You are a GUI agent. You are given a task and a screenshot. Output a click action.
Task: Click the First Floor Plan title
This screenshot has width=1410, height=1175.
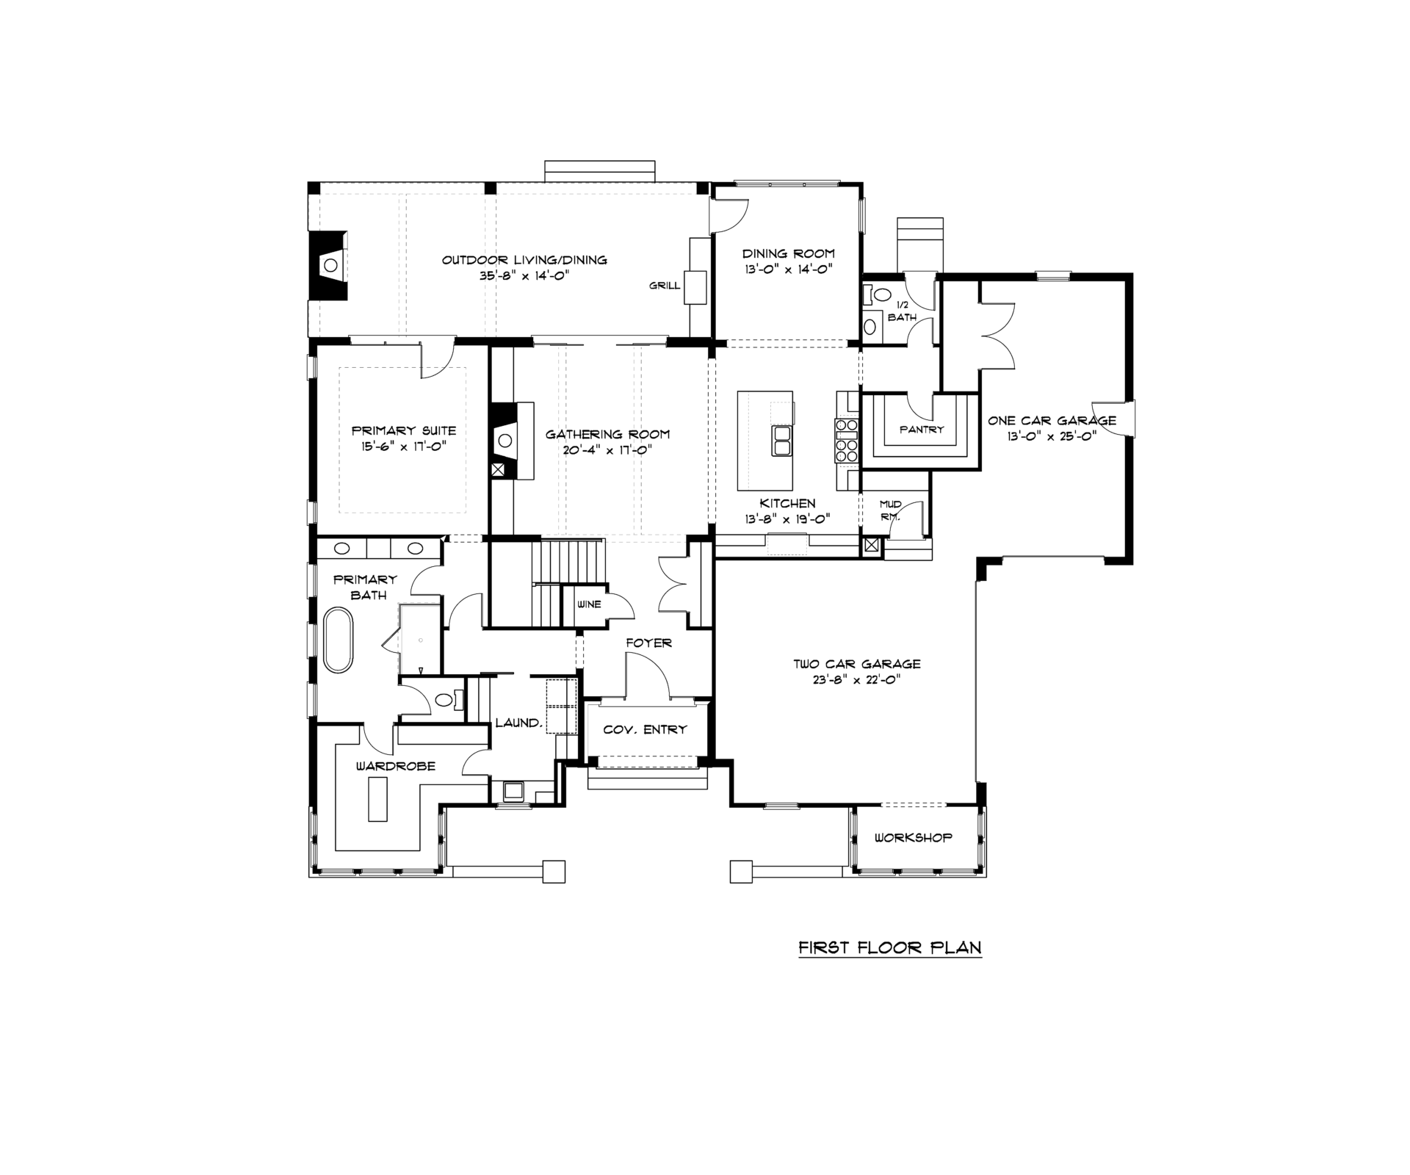(x=890, y=947)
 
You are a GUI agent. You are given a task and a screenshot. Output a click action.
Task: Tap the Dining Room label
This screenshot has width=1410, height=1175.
(x=788, y=254)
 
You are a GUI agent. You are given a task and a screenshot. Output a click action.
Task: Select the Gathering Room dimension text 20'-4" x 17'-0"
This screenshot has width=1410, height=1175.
(x=607, y=450)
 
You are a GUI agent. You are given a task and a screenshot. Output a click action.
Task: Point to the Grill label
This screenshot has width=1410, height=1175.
(x=665, y=286)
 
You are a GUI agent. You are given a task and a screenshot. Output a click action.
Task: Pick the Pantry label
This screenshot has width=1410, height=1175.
(x=922, y=430)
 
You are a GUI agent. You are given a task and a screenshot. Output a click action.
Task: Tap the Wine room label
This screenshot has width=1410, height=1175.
(x=589, y=604)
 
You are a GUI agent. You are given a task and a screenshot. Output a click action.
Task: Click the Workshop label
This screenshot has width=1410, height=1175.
(x=914, y=838)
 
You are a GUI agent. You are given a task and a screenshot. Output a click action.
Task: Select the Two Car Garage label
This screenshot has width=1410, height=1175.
(x=857, y=665)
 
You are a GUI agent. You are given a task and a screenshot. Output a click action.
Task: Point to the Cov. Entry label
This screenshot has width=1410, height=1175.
(x=645, y=730)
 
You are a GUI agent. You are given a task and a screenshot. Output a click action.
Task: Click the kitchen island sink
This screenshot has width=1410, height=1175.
(x=781, y=440)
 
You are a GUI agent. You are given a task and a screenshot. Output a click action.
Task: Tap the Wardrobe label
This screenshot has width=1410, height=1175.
(x=396, y=767)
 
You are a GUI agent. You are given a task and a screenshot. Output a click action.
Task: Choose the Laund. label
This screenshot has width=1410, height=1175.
(x=518, y=723)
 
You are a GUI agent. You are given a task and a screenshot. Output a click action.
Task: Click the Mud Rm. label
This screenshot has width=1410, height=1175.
(x=890, y=510)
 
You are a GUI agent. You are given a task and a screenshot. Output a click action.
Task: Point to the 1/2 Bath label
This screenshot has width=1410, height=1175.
(x=902, y=311)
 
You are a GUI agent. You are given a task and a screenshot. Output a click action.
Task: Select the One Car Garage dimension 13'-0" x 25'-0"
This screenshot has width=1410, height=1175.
(x=1052, y=435)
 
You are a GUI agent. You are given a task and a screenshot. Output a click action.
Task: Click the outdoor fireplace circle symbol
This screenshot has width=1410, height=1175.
(x=332, y=264)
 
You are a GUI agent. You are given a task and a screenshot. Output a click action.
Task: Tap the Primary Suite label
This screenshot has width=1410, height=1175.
(x=404, y=431)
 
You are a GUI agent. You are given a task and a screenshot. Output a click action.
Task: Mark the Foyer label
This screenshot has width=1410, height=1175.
(x=648, y=643)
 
